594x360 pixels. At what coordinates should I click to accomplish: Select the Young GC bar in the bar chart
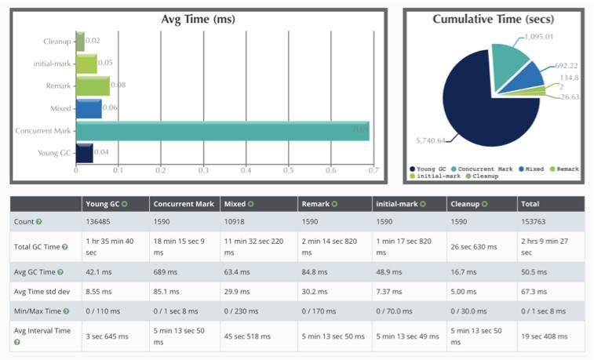(x=84, y=152)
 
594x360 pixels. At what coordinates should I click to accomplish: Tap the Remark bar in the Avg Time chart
(x=93, y=85)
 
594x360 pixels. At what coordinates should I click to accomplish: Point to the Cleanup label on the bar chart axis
(x=58, y=41)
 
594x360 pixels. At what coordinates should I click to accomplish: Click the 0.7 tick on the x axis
(x=373, y=169)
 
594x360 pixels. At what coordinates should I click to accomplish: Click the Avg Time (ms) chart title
(x=198, y=19)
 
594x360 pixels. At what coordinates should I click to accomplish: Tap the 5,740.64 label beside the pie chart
(x=430, y=140)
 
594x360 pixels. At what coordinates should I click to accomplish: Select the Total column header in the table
(x=530, y=204)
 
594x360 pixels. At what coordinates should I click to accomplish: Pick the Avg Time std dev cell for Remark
(x=315, y=292)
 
